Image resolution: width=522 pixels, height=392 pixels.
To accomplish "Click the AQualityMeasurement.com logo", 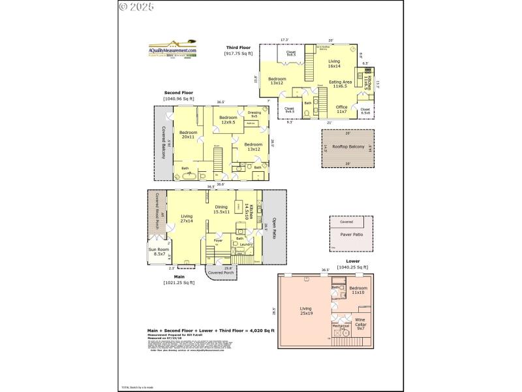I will pos(172,51).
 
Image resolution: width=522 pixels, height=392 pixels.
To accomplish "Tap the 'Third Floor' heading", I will pos(239,48).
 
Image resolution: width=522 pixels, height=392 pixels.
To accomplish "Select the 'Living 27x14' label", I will pos(187,218).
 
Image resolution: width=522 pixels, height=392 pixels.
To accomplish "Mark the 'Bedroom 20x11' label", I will pos(189,135).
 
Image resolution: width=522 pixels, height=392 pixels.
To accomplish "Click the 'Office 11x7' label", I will pos(341,109).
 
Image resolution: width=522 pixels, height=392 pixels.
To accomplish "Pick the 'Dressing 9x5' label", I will pos(254,114).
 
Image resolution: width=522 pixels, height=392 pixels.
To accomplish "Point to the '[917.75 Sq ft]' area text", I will pos(239,54).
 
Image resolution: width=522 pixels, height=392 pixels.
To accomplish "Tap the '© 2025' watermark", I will pos(136,7).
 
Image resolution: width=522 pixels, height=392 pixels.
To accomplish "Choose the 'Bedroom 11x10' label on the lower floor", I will pos(358,290).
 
